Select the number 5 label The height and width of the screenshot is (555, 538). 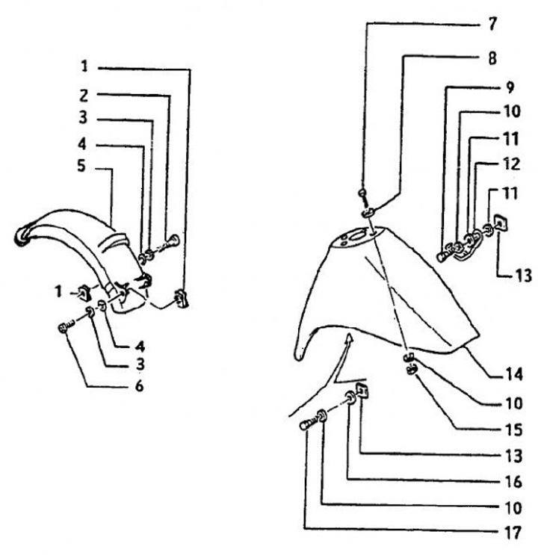[85, 168]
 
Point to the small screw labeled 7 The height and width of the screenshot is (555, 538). [362, 196]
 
